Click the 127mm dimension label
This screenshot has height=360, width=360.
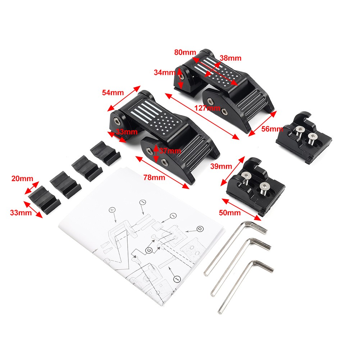208,108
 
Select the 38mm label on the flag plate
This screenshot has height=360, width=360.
231,58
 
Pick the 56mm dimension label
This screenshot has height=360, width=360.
272,129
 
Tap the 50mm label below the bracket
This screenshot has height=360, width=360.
229,213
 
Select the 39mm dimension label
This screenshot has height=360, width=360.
220,167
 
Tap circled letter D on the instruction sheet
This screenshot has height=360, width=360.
199,229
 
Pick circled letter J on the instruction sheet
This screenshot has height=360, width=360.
174,216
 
